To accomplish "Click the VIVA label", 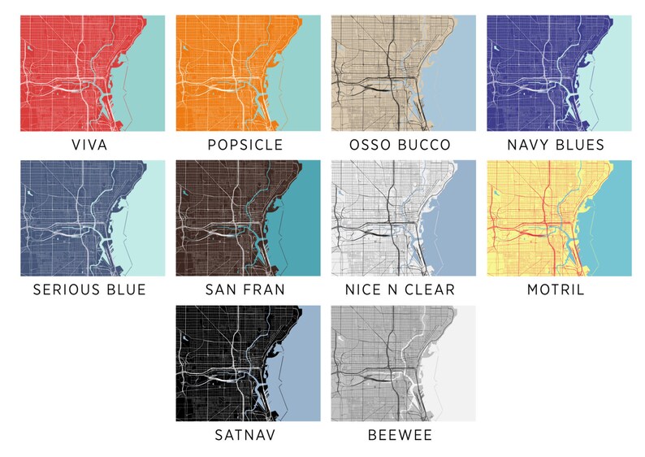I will click(x=89, y=146).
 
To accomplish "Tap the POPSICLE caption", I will click(x=245, y=146).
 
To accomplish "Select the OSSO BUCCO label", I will click(x=400, y=146).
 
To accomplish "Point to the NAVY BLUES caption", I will click(x=556, y=146).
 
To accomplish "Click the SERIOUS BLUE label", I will click(x=89, y=290).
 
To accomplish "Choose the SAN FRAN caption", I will click(x=245, y=290).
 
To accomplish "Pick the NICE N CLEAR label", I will click(x=400, y=290).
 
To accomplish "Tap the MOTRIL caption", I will click(x=556, y=290).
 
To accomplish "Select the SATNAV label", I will click(x=245, y=435).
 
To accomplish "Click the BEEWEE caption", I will click(x=400, y=435).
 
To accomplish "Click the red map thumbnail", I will click(x=91, y=73).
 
